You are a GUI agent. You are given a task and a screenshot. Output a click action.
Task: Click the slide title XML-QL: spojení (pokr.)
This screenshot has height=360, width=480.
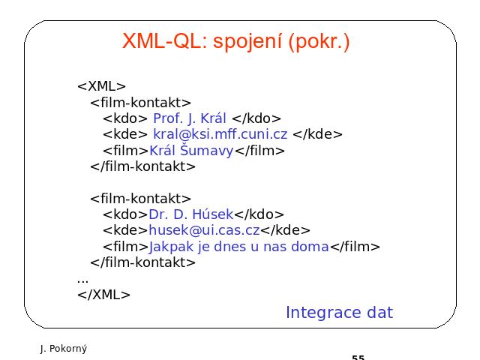click(235, 41)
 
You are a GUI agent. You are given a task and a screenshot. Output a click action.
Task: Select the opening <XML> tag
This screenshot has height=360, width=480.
click(102, 86)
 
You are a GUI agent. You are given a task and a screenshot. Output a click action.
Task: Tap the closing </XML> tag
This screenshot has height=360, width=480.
click(103, 295)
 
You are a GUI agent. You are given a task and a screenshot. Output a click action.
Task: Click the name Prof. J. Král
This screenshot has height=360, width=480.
click(190, 118)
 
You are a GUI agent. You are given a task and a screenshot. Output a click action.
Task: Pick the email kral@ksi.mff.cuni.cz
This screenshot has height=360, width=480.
click(220, 134)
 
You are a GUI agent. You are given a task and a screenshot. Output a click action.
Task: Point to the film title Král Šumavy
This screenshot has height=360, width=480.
click(191, 150)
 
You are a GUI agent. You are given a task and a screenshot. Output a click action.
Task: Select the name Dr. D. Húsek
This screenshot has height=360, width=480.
click(191, 214)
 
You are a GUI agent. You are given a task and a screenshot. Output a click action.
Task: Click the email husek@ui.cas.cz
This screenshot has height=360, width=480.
click(204, 230)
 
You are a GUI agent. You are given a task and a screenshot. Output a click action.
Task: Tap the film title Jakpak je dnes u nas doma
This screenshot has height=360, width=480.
click(238, 247)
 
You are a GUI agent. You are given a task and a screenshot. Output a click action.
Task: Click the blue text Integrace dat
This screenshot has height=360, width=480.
click(339, 313)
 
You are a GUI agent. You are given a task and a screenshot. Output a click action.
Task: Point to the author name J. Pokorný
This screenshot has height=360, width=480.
click(64, 349)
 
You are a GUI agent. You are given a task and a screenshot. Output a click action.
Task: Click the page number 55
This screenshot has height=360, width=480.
click(358, 357)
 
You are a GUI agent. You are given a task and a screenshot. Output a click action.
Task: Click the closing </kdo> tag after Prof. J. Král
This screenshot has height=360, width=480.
click(256, 118)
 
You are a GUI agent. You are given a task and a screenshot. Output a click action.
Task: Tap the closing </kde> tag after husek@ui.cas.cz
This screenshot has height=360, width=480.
click(285, 230)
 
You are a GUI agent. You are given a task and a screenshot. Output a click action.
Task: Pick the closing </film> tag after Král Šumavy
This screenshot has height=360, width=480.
click(259, 151)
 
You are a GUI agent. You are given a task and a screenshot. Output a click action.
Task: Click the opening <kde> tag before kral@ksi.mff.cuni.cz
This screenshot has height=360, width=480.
click(125, 134)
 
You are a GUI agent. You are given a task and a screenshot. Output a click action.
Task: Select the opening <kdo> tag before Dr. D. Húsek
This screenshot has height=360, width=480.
click(125, 214)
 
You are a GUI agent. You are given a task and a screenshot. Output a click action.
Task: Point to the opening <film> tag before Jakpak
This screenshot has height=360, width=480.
click(126, 247)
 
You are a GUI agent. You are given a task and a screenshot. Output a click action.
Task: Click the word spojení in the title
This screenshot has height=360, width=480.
click(247, 42)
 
